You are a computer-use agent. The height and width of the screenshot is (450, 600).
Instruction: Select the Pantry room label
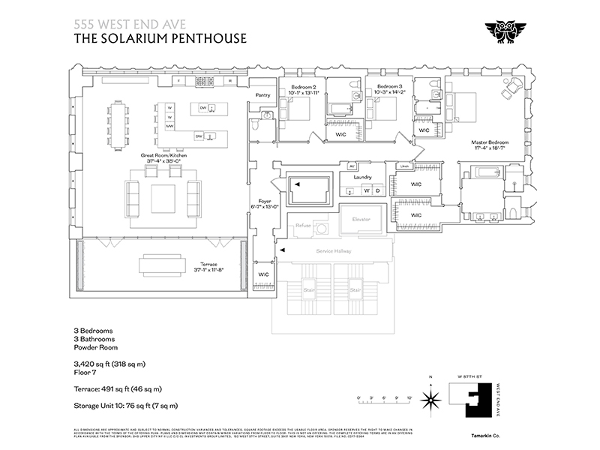pos(262,95)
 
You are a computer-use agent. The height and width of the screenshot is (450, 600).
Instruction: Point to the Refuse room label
pos(303,224)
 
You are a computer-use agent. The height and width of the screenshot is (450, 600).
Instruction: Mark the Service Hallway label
pos(334,250)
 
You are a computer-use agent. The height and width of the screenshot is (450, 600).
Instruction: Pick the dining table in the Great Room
pos(119,124)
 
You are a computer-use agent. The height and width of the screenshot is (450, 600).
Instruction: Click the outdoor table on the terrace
pos(162,265)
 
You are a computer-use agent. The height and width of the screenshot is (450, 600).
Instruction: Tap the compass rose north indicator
pos(430,397)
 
